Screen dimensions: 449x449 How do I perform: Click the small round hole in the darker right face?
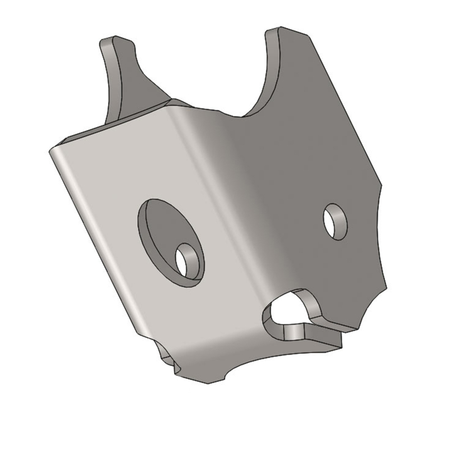click(336, 221)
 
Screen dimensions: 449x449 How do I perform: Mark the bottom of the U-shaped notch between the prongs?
click(241, 114)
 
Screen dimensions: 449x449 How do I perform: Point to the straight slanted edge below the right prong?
click(348, 112)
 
